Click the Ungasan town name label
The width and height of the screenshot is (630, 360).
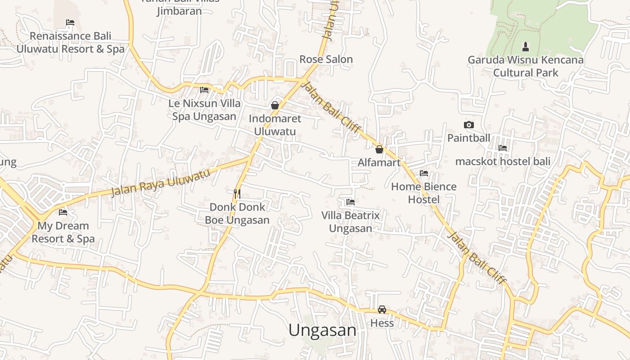tap(322, 330)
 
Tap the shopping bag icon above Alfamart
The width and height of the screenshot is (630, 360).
tap(379, 149)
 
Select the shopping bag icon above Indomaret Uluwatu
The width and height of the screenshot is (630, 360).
tap(275, 105)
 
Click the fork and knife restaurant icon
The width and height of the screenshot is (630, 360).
tap(237, 194)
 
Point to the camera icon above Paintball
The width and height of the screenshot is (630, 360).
tap(469, 125)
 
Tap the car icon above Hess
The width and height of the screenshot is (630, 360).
tap(382, 310)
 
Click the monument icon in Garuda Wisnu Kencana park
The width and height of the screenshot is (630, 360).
tap(525, 46)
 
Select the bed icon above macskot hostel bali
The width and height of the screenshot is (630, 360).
tap(503, 148)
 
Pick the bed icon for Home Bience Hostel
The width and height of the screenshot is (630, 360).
tap(423, 173)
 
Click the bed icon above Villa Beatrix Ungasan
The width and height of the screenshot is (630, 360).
tap(351, 202)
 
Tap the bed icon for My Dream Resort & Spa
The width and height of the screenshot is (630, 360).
tap(63, 212)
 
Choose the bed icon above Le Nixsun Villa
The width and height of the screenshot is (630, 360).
tap(204, 90)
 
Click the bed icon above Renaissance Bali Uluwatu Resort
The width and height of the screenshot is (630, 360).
tap(70, 22)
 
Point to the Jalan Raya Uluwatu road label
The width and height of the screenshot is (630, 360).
tap(161, 183)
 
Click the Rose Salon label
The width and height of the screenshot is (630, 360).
tap(326, 59)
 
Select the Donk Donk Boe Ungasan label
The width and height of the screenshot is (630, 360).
tap(237, 213)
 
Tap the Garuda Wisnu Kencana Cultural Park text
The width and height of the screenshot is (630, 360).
tap(526, 66)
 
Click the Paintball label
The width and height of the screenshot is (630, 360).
tap(468, 138)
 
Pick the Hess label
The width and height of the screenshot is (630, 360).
tap(382, 323)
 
